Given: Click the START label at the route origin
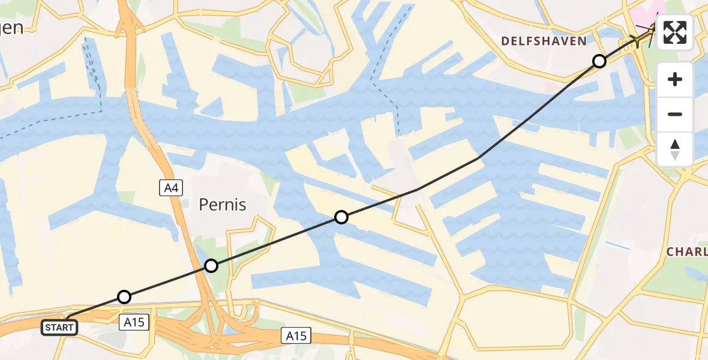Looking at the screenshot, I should click(x=60, y=328).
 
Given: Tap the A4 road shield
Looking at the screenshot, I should click(x=171, y=188).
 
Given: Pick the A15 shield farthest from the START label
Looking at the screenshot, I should click(x=297, y=336).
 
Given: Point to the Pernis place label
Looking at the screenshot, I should click(x=223, y=205).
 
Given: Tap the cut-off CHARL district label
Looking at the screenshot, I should click(x=687, y=252).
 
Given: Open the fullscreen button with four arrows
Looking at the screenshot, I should click(x=675, y=32).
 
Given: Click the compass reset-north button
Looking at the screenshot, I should click(x=675, y=149).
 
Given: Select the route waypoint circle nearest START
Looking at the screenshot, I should click(x=124, y=296).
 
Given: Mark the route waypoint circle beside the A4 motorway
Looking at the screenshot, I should click(x=211, y=265).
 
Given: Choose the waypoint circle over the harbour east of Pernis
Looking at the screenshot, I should click(x=341, y=217).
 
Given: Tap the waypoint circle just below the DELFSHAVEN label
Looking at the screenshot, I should click(x=599, y=61).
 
